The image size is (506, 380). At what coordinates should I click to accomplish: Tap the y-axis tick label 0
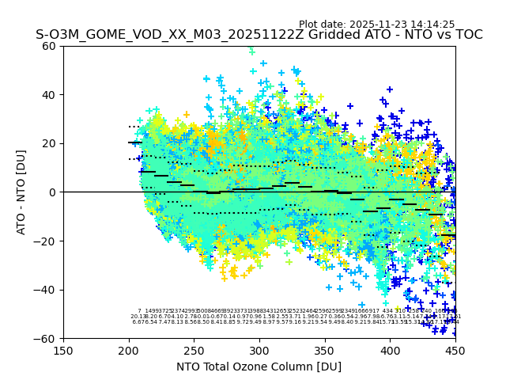pos(53,192)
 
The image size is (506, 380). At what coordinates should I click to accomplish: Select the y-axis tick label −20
pos(47,241)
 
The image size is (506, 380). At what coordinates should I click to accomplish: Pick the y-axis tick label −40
pos(47,290)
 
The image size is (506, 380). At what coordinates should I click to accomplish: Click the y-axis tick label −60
pos(47,338)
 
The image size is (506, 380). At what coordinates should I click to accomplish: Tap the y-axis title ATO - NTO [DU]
pos(21,192)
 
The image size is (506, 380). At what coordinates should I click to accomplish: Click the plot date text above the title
pos(376,25)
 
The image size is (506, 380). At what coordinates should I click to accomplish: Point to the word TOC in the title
pos(467,35)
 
